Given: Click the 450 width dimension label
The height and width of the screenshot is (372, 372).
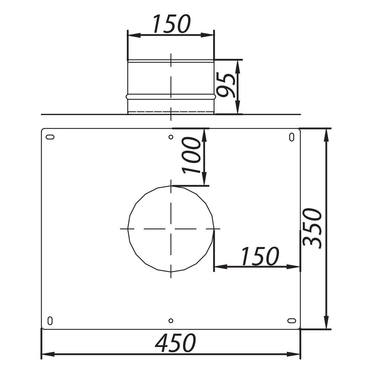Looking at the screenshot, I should (175, 343).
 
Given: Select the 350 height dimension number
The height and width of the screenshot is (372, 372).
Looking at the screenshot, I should (312, 228).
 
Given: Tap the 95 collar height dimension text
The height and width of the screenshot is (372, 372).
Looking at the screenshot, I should (226, 85).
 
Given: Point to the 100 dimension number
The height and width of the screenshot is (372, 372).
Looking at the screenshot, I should (192, 155).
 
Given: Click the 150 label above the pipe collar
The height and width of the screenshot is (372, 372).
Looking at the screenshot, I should (171, 24).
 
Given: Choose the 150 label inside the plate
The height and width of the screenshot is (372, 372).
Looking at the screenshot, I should (260, 256).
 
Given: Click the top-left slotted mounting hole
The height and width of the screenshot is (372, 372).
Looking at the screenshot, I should (50, 137).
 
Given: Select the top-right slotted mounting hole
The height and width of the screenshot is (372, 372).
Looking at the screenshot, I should (291, 137).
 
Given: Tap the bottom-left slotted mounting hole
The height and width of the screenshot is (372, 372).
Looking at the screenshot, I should (50, 320).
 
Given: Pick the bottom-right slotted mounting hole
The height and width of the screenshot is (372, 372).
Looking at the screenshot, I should (292, 320).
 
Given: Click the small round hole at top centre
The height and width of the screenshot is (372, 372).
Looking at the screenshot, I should (171, 137).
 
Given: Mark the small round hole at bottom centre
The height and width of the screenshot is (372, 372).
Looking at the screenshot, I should (171, 320).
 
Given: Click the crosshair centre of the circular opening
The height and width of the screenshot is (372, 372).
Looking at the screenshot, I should (171, 228).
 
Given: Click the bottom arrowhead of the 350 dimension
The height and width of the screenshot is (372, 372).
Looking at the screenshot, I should (326, 324).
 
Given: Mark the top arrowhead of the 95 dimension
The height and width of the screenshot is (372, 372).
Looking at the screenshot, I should (238, 64).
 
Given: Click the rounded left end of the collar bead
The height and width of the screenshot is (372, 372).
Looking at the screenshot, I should (128, 96).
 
